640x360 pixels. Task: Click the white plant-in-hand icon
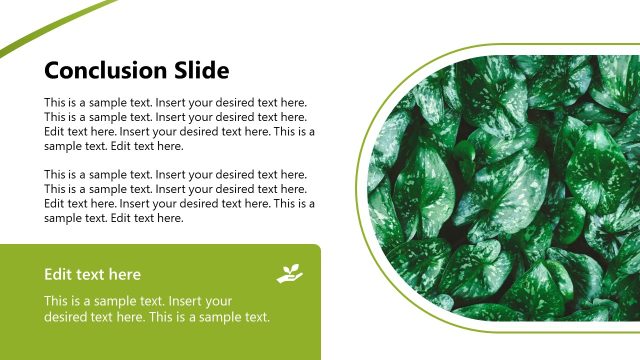289,272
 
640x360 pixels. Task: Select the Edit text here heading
92,274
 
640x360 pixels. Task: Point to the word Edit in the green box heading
57,274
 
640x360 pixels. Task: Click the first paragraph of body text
180,124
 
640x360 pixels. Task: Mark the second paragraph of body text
180,196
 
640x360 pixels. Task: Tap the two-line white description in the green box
157,309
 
